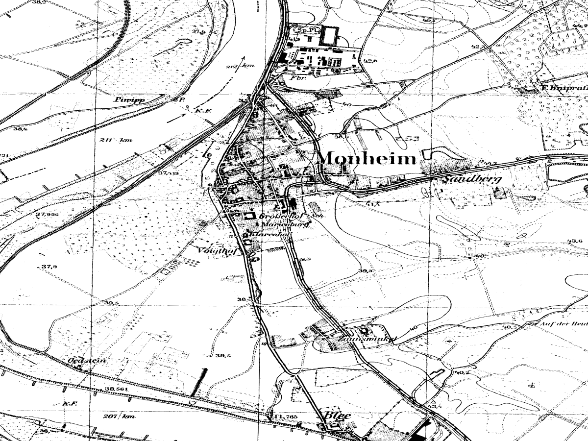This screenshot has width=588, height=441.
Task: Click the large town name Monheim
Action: (x=367, y=158)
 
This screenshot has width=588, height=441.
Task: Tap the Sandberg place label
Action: (x=472, y=179)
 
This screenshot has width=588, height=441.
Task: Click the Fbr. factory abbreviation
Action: (x=295, y=78)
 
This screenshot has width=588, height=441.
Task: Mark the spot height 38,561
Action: (x=116, y=389)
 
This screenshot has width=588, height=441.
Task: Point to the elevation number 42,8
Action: (x=370, y=61)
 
